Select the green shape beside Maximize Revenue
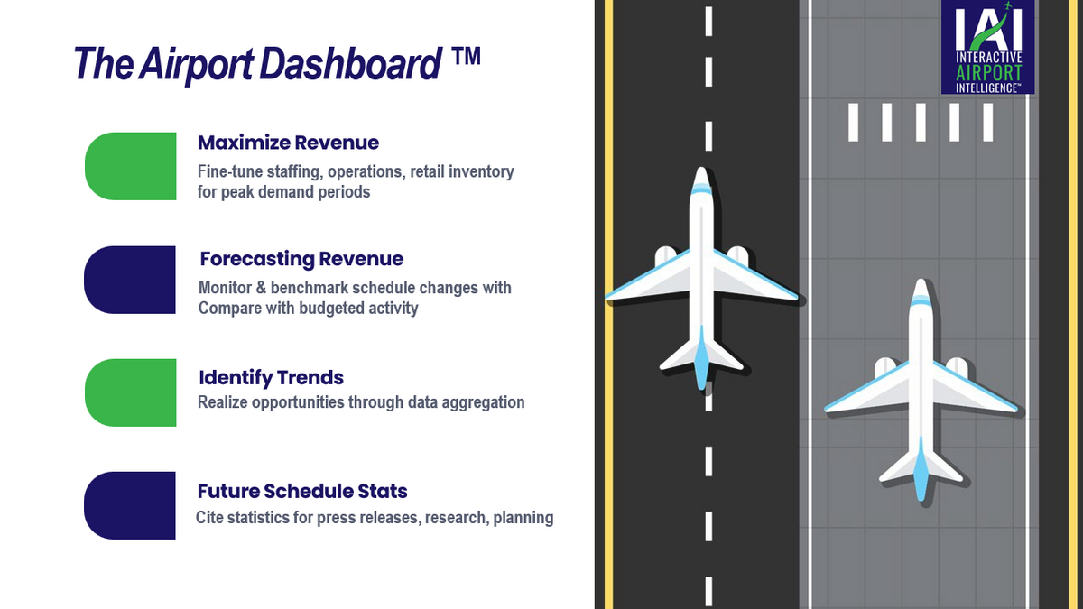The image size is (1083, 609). click(x=131, y=166)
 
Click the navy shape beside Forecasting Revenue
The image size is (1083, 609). click(x=131, y=280)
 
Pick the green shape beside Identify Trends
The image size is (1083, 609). click(x=131, y=392)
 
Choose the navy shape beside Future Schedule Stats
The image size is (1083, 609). click(x=131, y=505)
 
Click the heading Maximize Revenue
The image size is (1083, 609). click(x=288, y=143)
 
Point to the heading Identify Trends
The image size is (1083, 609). click(x=271, y=377)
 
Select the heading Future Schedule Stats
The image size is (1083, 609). click(x=302, y=491)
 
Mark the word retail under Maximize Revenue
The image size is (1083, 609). click(x=430, y=171)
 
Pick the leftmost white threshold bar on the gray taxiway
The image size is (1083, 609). click(x=853, y=122)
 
